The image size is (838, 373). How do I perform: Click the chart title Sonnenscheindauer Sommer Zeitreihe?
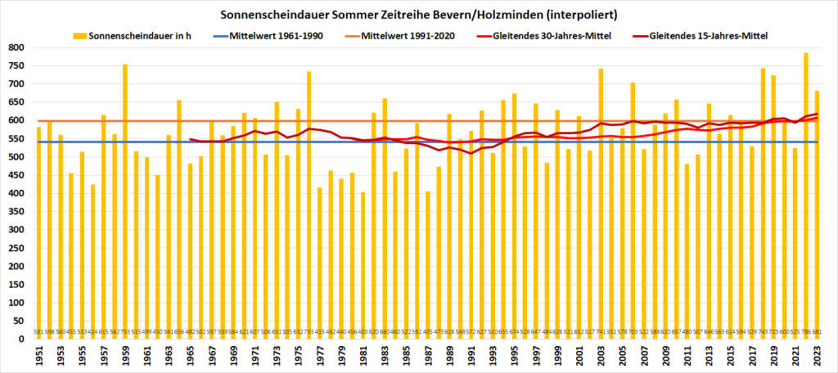click(418, 15)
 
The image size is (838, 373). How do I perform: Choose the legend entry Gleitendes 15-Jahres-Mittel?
click(710, 36)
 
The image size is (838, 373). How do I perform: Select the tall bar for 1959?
click(125, 196)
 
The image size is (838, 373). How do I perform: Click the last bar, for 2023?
click(817, 213)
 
